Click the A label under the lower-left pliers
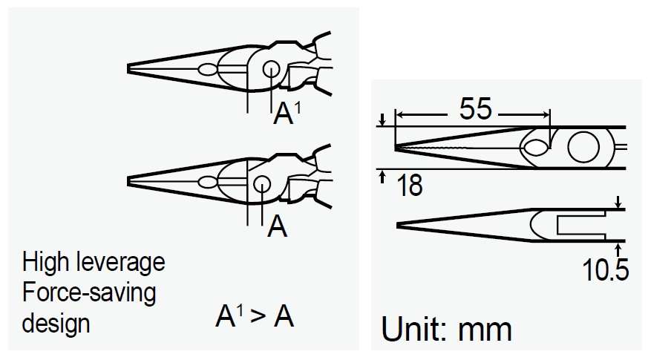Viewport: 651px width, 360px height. click(276, 227)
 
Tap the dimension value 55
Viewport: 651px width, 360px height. click(475, 110)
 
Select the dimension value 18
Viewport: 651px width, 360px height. click(408, 185)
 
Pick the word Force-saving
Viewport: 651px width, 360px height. click(89, 292)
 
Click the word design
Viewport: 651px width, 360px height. click(56, 323)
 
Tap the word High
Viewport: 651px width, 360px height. click(44, 263)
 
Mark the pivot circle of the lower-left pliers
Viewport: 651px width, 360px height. click(261, 183)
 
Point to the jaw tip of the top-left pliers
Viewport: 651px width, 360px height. click(131, 68)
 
